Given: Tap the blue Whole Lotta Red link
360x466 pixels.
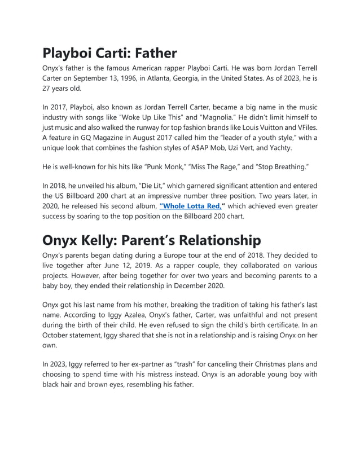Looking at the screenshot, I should [x=190, y=206].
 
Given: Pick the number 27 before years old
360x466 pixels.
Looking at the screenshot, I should [x=47, y=89].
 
